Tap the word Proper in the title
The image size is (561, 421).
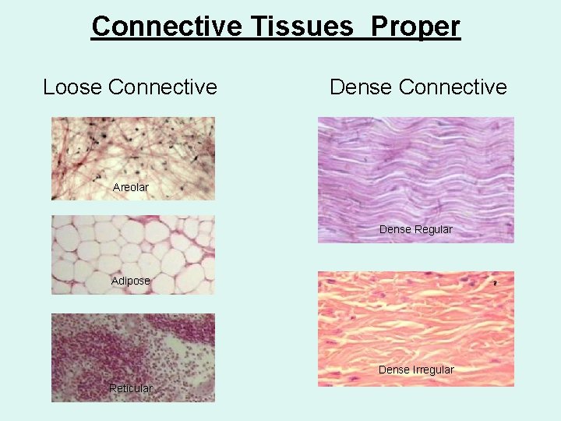[x=415, y=27]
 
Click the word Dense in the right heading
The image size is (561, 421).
[x=361, y=87]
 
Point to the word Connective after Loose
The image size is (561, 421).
[x=163, y=87]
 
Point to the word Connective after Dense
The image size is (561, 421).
[x=452, y=87]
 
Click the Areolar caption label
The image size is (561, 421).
[x=130, y=187]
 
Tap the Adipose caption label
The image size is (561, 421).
[x=130, y=281]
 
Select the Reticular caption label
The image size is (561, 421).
[x=130, y=388]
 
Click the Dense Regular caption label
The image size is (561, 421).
[x=415, y=229]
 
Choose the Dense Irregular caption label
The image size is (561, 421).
[x=415, y=370]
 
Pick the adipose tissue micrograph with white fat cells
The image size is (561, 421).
[x=132, y=249]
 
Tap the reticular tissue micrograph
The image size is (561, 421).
[x=132, y=351]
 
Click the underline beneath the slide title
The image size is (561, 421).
[x=276, y=39]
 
